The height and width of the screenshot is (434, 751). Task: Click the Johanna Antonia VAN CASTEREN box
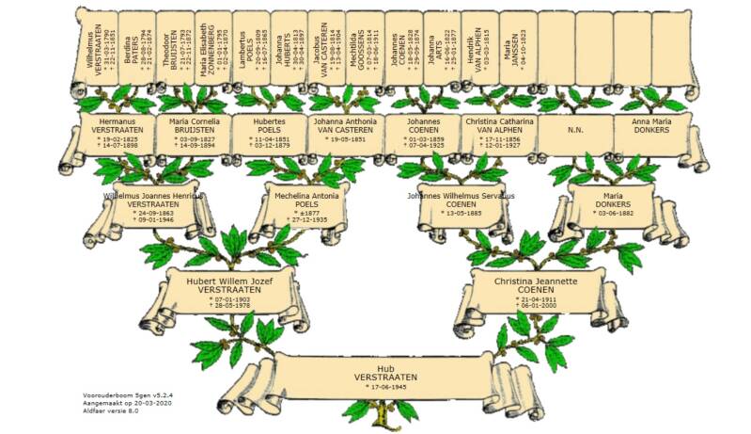[346, 134]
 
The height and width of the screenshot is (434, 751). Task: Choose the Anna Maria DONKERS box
[652, 134]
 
